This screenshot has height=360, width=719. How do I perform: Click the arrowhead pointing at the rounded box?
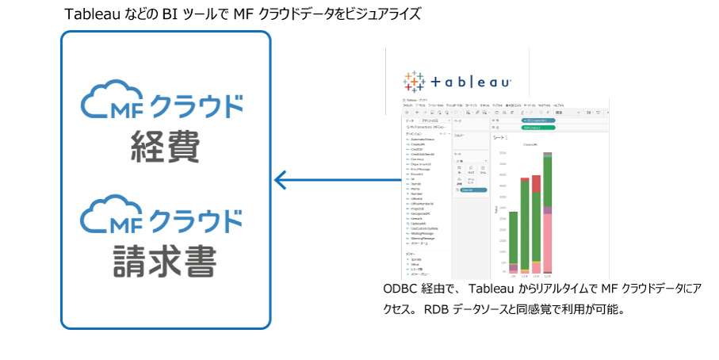[279, 180]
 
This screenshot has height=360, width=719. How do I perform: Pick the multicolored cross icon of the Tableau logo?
[413, 82]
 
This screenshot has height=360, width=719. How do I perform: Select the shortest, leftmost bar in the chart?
[513, 238]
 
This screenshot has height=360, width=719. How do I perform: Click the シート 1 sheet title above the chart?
[502, 137]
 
